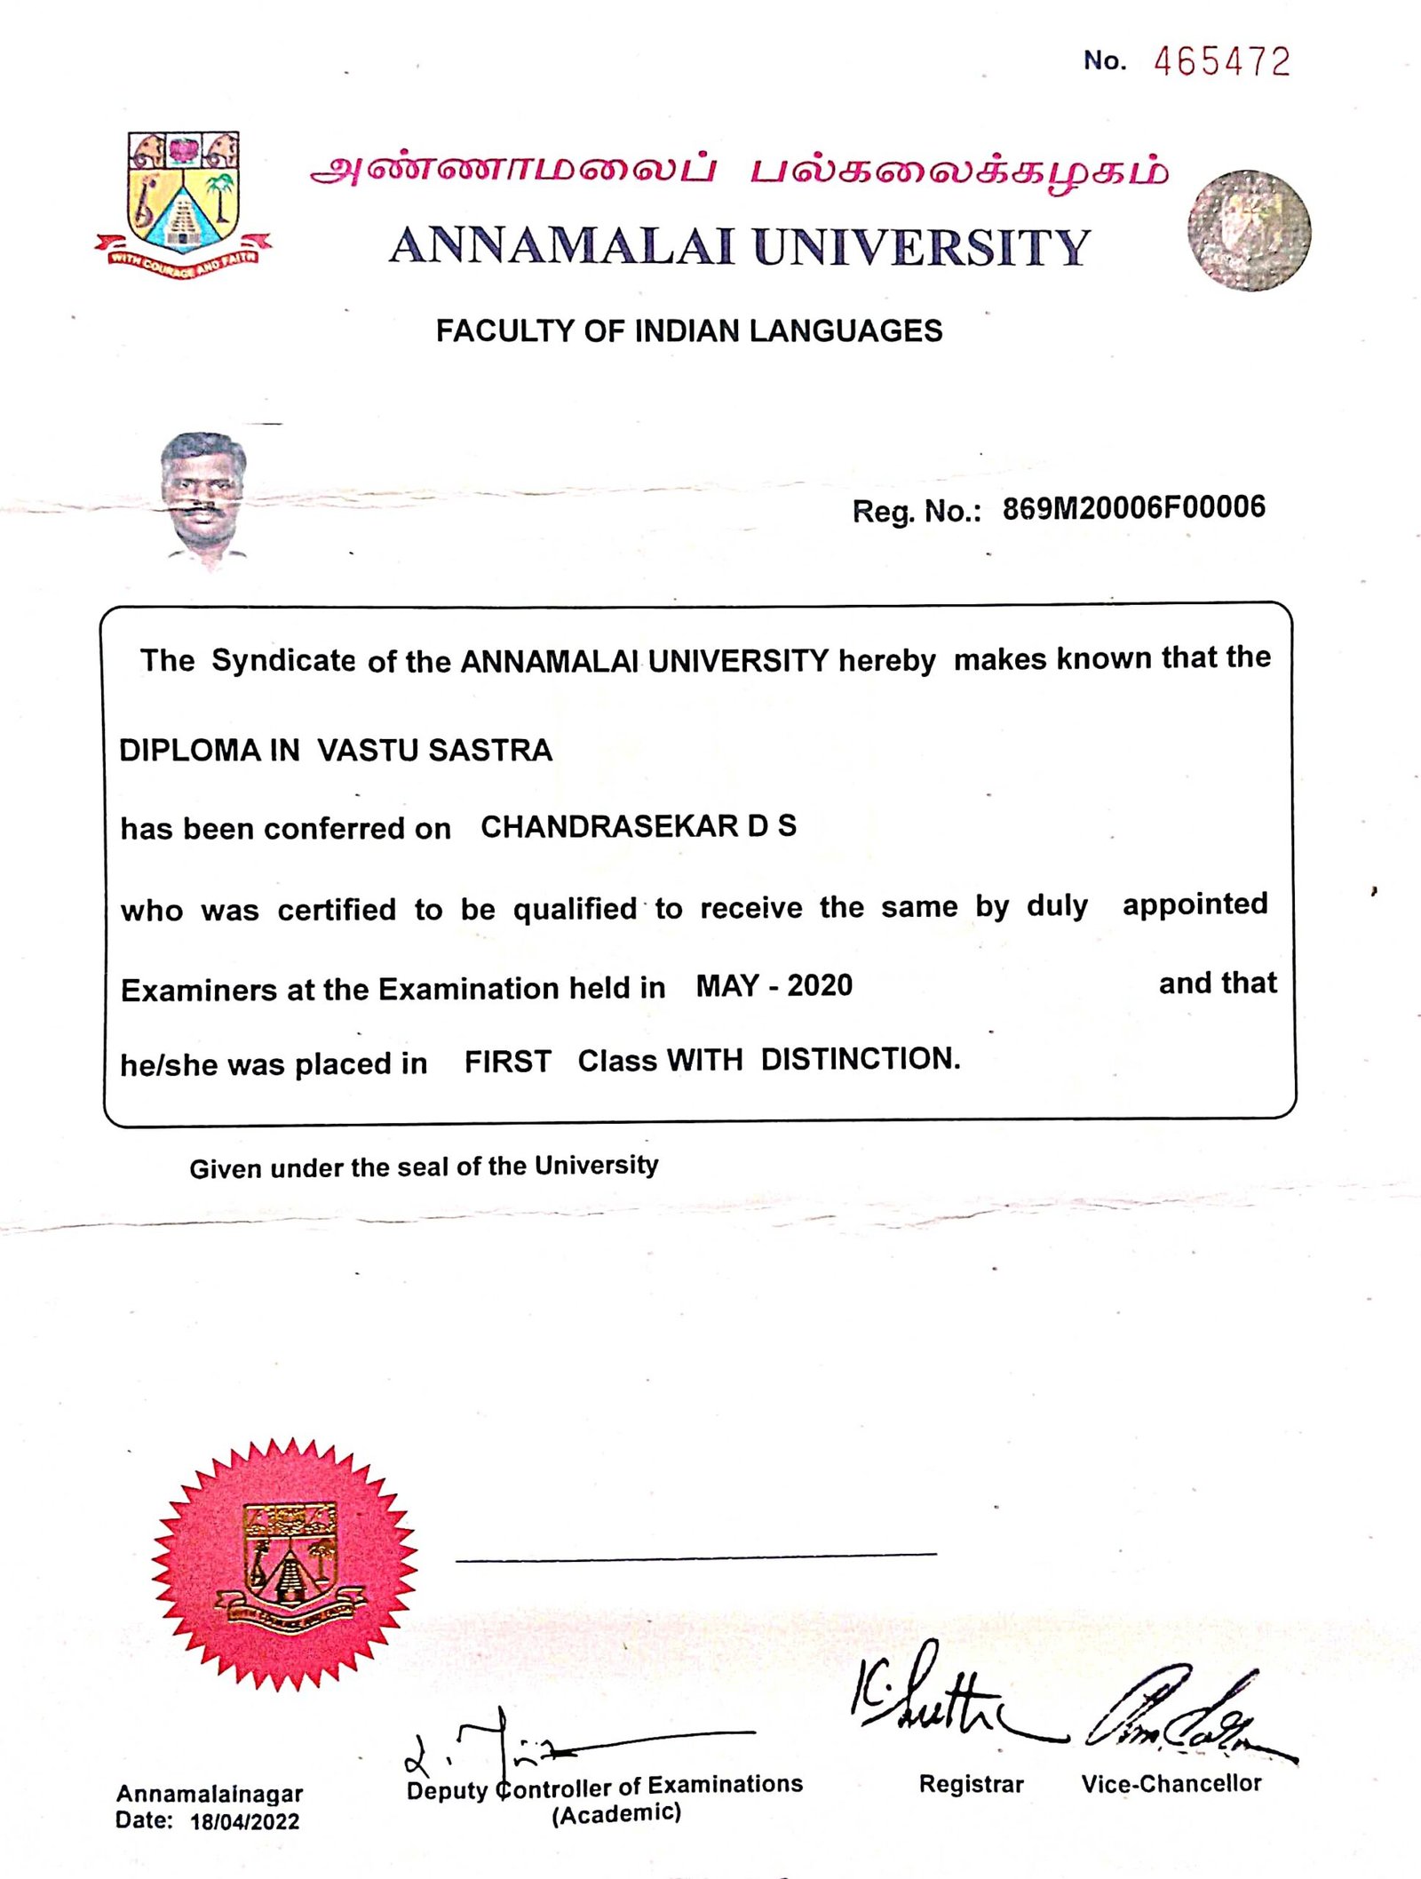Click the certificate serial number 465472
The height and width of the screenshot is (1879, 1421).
click(1221, 62)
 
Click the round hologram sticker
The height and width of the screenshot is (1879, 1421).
click(1249, 230)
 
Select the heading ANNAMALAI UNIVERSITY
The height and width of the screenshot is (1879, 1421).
click(739, 247)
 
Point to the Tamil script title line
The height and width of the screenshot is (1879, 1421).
click(739, 171)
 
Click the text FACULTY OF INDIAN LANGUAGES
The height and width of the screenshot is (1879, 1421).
click(688, 331)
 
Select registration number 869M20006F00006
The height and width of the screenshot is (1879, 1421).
click(1133, 508)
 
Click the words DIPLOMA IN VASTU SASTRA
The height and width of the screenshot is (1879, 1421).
click(336, 751)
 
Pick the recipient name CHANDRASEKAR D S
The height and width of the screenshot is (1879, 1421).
click(638, 826)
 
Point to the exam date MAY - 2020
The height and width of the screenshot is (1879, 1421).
click(774, 986)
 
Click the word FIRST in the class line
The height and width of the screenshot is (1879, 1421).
click(507, 1062)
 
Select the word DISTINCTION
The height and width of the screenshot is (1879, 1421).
click(860, 1059)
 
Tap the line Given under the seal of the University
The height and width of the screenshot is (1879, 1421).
click(424, 1166)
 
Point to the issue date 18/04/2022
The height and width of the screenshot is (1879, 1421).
click(244, 1822)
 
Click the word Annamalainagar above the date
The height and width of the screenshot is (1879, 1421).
click(210, 1794)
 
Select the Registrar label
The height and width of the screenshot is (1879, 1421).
click(971, 1784)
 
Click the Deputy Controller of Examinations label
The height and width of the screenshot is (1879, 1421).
click(605, 1786)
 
